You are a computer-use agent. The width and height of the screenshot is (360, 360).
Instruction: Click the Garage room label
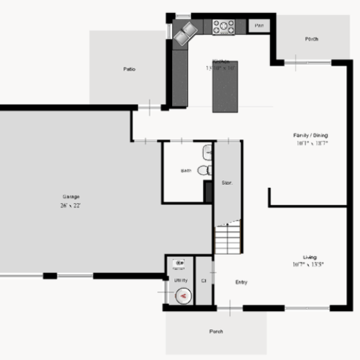(71, 197)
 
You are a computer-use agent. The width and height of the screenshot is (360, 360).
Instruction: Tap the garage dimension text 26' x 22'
(71, 205)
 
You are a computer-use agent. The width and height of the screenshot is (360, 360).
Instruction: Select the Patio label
(129, 69)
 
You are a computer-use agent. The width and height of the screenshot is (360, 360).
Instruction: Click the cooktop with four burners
(224, 27)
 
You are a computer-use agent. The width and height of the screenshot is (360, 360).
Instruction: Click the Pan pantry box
(259, 26)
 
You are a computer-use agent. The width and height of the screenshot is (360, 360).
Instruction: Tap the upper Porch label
(312, 39)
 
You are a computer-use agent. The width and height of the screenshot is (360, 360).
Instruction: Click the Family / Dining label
(310, 135)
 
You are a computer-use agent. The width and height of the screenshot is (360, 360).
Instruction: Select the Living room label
(310, 257)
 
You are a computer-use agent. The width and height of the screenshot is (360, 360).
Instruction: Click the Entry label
(242, 282)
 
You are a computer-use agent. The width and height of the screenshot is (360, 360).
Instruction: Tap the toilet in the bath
(204, 170)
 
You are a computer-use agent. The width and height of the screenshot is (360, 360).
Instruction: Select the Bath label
(186, 171)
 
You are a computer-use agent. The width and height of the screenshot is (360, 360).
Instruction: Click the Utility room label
(180, 279)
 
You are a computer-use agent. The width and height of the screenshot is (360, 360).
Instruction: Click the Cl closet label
(204, 280)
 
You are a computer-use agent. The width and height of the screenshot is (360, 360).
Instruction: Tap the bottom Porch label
(215, 332)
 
